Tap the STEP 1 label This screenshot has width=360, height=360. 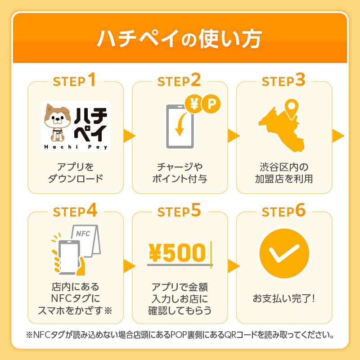74,80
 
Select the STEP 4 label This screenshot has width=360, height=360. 75,211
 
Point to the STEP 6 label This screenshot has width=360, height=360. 284,211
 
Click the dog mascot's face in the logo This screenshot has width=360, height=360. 58,118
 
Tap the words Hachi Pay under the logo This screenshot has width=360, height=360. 76,147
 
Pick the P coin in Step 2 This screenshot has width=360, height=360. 211,104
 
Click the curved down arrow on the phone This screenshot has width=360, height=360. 181,124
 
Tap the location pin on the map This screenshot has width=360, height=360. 291,109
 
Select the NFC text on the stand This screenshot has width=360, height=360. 83,234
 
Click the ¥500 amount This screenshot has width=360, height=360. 177,252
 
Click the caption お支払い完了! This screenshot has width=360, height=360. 284,298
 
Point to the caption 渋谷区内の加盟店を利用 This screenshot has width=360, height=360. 284,173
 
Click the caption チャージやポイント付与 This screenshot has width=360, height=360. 180,173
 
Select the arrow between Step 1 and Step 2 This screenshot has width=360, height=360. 129,136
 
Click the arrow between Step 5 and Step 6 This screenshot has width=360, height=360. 234,266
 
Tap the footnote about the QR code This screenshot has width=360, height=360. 180,335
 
